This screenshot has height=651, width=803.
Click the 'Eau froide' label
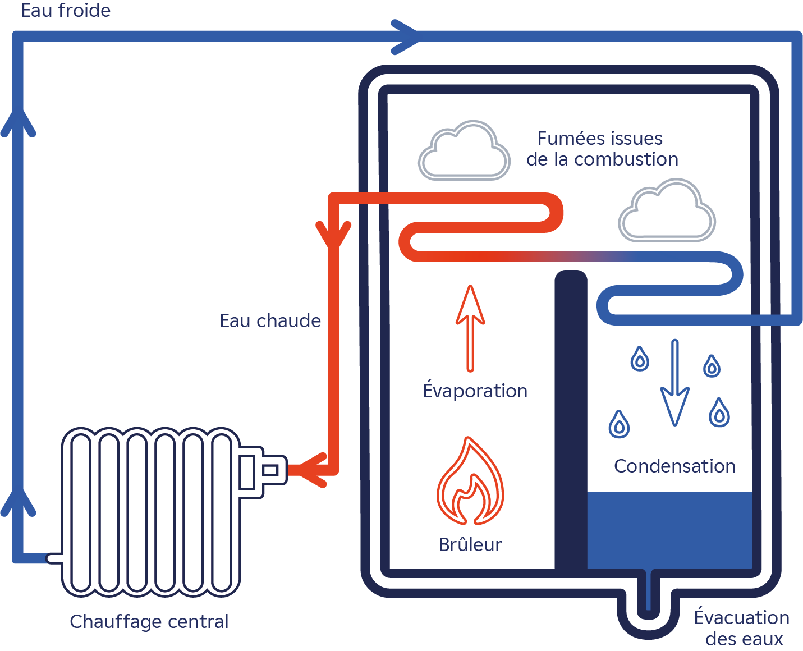tap(66, 11)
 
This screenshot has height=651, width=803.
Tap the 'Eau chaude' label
tap(270, 321)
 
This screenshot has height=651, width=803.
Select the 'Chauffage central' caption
tap(149, 622)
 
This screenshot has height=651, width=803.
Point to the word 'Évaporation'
tap(475, 391)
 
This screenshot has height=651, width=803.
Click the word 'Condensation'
tap(674, 466)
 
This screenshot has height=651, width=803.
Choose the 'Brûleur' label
tap(470, 545)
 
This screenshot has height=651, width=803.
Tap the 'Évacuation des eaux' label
tap(742, 628)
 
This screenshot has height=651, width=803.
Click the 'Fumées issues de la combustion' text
tap(602, 149)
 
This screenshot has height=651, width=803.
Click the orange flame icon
tap(470, 483)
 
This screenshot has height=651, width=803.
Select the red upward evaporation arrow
tap(470, 328)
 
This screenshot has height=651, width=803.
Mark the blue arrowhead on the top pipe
tap(405, 37)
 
